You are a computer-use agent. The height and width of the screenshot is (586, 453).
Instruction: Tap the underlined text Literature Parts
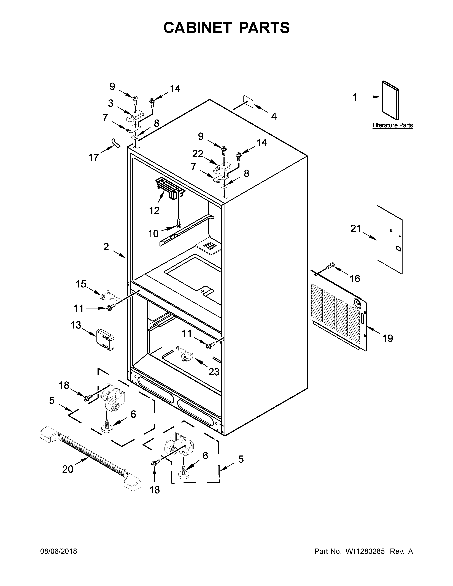[393, 125]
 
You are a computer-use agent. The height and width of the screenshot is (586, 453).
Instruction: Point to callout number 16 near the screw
[355, 279]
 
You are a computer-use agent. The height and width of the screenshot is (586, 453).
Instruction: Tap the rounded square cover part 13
[105, 339]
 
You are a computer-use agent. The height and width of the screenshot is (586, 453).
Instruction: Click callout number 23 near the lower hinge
[214, 372]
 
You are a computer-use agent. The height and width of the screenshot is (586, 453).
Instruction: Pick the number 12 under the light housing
[154, 210]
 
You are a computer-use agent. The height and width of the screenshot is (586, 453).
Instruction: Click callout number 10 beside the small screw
[153, 234]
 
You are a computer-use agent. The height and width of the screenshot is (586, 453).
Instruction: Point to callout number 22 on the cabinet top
[198, 154]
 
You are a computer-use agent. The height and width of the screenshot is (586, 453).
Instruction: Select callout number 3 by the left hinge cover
[110, 103]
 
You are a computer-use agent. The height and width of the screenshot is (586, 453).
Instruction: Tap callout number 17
[93, 157]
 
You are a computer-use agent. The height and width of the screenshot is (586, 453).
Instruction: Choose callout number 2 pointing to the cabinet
[106, 247]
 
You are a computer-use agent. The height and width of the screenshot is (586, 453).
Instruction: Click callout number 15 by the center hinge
[81, 284]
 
